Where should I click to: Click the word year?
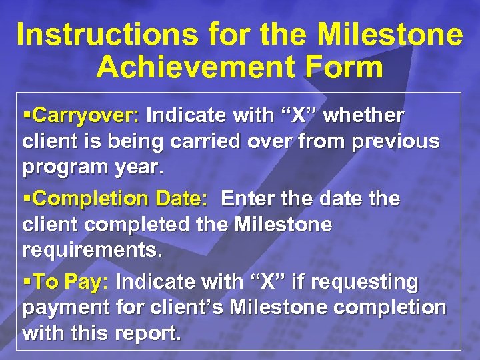138,167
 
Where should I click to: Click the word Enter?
249,199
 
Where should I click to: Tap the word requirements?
91,250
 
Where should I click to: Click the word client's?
191,308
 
